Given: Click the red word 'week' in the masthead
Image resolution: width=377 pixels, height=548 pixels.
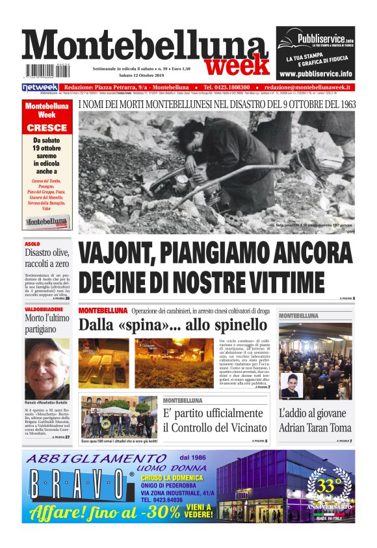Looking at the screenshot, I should [237, 65].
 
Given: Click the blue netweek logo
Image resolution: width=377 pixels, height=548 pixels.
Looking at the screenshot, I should [40, 87].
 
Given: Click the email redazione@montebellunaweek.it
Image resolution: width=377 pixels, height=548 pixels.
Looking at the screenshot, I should [308, 87].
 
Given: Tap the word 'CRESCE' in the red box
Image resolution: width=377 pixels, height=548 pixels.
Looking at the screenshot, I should [47, 128].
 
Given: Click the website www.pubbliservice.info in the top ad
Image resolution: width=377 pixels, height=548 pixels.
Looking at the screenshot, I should [315, 74].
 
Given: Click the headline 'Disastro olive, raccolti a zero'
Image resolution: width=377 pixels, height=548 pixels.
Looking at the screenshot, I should [47, 259].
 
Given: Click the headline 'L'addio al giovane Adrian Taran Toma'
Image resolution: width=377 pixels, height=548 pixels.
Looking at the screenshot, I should [315, 420].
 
